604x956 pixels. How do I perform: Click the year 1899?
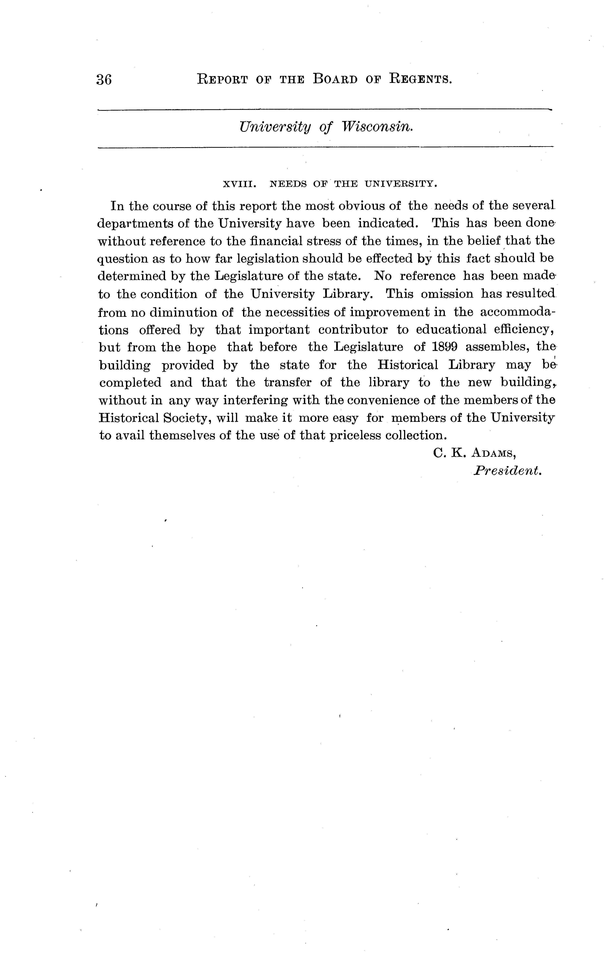click(x=442, y=347)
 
